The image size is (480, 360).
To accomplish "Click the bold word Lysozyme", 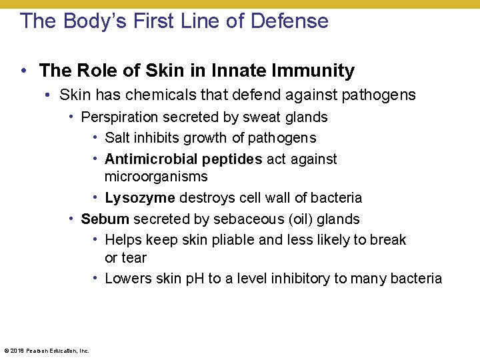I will coord(140,198).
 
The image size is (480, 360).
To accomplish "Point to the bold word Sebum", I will coord(105,219).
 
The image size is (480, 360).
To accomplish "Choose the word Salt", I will coord(117,138).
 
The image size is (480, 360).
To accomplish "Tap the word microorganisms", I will coord(156,177).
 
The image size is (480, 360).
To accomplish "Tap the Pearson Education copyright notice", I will coord(47,350).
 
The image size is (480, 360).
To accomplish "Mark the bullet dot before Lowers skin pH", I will coord(96,278).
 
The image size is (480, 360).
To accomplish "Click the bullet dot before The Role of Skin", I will coord(23,70).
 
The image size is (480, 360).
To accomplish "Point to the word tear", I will coord(135,257).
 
